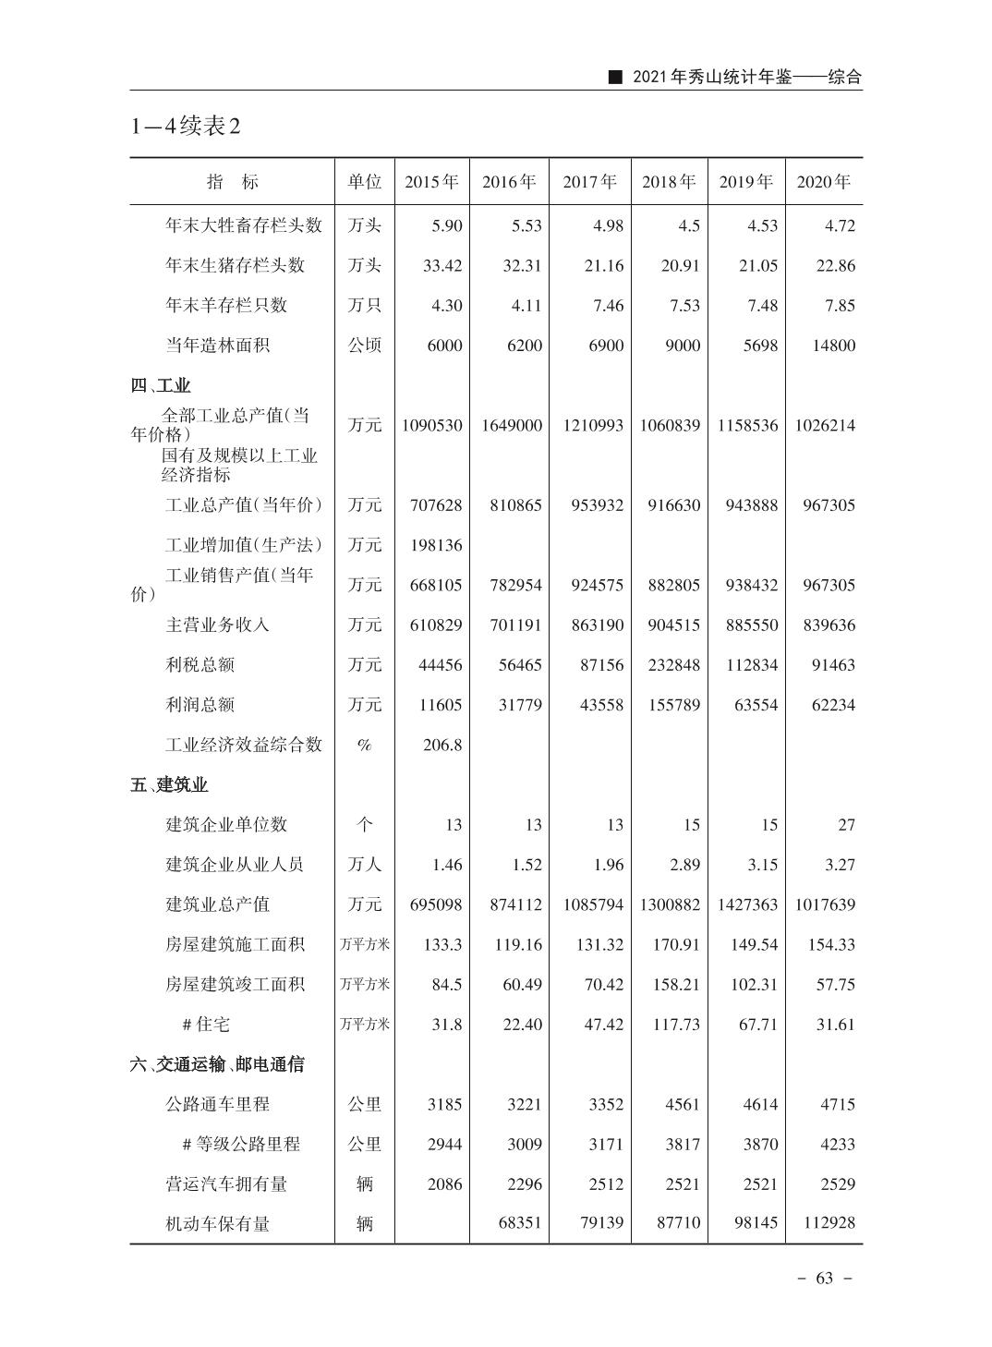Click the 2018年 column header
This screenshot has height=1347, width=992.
pos(669,182)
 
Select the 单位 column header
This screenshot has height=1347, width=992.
pos(364,182)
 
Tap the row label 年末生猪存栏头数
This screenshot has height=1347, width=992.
pos(235,266)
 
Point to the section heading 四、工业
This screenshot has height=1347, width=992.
pos(161,386)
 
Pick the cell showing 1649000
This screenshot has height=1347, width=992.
pos(512,426)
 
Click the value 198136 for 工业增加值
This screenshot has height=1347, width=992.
pos(436,545)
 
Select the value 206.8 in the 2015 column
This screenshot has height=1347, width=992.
pos(442,745)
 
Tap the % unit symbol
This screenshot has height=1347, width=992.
pos(364,745)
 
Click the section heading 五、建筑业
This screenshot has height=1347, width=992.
pos(169,785)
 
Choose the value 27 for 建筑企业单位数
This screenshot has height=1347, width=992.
pos(846,825)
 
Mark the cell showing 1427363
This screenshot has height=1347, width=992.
pos(747,904)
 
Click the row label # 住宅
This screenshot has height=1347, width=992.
pos(206,1025)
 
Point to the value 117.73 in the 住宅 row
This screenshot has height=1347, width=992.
pos(675,1025)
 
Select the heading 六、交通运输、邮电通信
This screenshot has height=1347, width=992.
pos(217,1064)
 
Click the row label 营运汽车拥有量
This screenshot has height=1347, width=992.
pos(226,1183)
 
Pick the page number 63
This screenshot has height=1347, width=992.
pos(825,1278)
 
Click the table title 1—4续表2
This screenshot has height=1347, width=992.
pos(186,127)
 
